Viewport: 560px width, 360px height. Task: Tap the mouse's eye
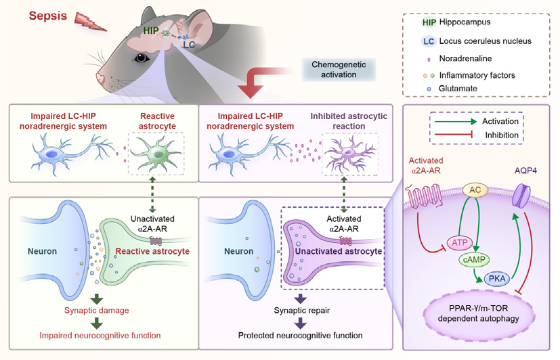pyautogui.click(x=142, y=57)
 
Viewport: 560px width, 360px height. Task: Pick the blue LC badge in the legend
pyautogui.click(x=429, y=41)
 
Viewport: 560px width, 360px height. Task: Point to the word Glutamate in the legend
pyautogui.click(x=458, y=88)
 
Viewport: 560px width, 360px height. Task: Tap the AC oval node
pyautogui.click(x=476, y=192)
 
